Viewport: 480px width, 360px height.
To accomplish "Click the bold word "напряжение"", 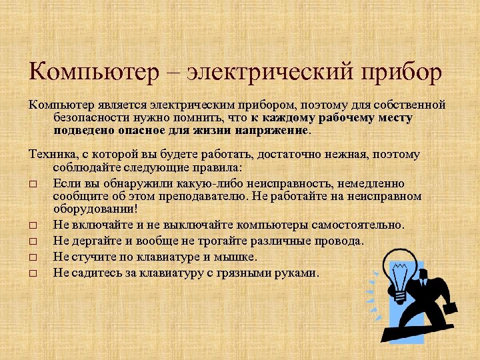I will [273, 131].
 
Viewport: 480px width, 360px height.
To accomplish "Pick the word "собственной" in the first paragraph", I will [408, 105].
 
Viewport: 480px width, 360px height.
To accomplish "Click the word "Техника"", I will [53, 154].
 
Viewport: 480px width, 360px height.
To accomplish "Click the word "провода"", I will [337, 241].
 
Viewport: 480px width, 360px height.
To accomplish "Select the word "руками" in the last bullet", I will [295, 273].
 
